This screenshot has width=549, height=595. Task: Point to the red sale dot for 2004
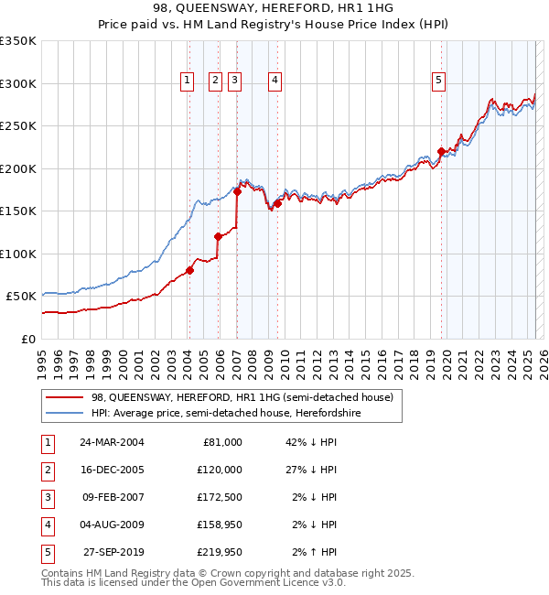189,270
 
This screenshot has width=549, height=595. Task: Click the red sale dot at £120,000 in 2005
218,236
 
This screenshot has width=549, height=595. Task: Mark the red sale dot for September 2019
441,152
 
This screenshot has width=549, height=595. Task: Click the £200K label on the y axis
18,168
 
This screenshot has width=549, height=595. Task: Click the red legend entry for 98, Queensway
242,398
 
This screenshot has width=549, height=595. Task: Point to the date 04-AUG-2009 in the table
111,525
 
